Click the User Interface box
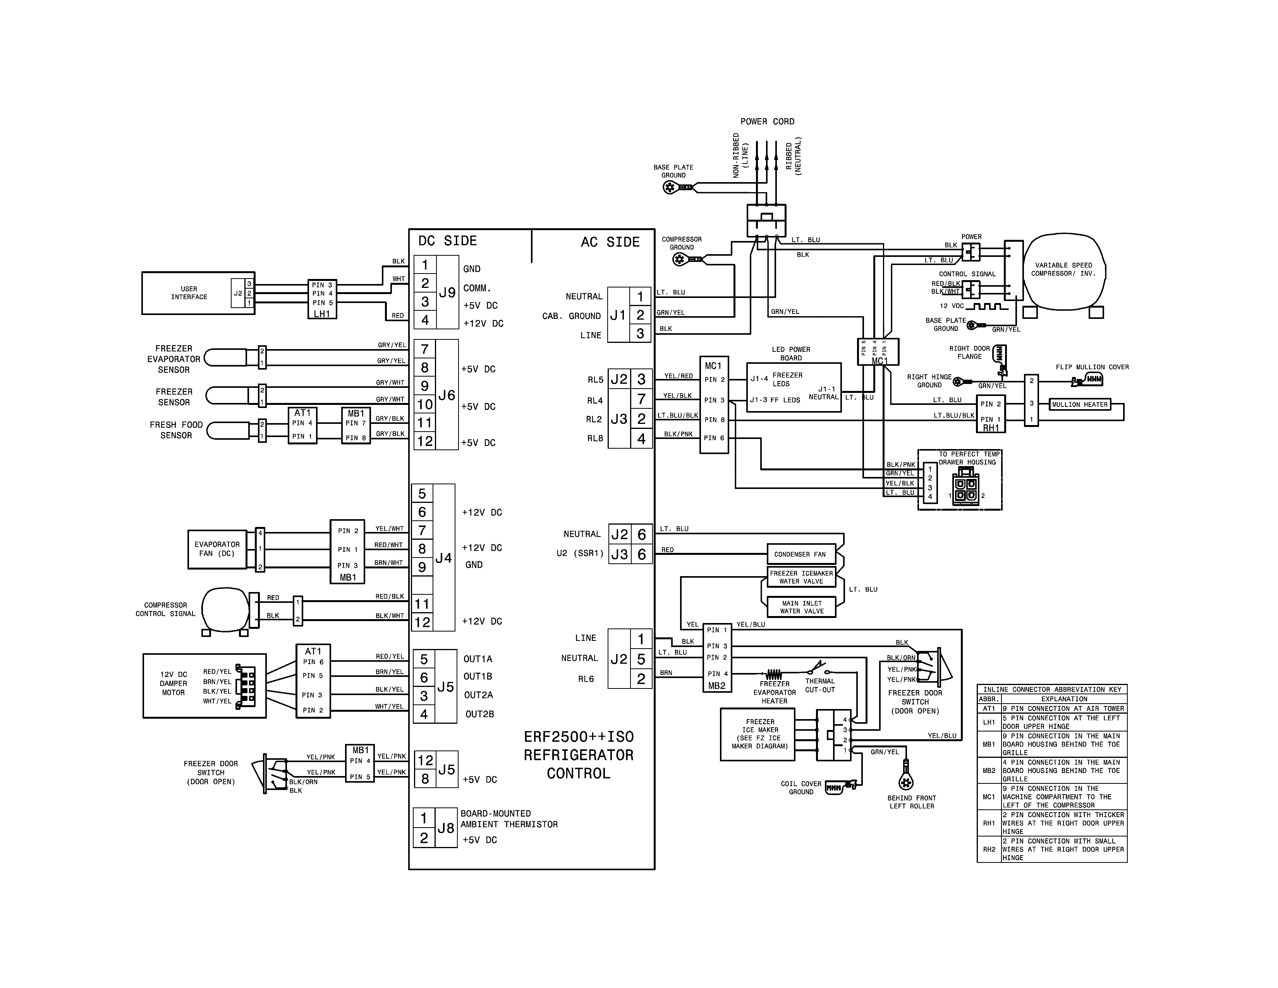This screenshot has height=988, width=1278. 189,293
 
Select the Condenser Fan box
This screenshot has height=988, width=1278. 800,554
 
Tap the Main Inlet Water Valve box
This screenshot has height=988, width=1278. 801,607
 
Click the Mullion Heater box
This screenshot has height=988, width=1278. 1079,404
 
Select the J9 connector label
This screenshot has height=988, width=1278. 447,293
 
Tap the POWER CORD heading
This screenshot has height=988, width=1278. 767,122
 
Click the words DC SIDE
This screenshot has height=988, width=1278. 448,241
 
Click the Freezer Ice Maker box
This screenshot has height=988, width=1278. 759,734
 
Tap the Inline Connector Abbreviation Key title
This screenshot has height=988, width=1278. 1051,690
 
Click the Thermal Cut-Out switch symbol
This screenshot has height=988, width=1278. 820,669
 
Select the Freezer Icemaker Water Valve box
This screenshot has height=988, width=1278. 801,577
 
